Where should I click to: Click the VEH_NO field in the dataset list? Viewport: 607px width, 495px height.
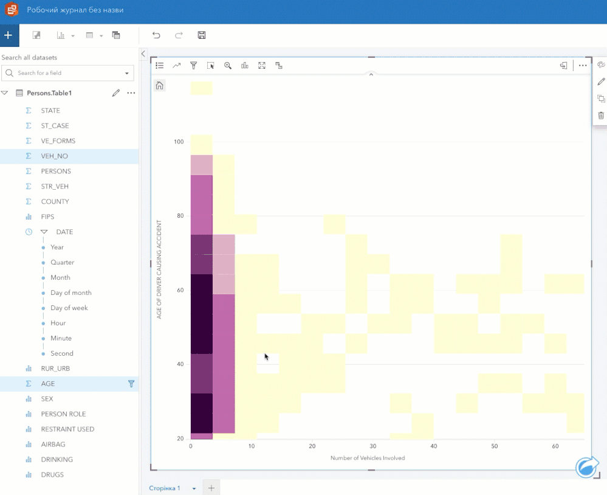pos(54,156)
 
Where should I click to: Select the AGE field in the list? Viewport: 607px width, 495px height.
pos(47,384)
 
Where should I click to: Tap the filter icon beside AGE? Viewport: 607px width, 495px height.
pos(131,384)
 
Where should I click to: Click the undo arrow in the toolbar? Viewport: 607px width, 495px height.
pos(156,35)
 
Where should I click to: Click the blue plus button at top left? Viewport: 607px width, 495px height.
pos(9,35)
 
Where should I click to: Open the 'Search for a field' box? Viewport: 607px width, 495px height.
pos(67,73)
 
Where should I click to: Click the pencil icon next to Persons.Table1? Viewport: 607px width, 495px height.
pos(115,93)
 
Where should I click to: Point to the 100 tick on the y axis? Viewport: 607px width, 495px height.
pos(179,142)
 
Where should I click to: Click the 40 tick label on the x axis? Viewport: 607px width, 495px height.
pos(434,446)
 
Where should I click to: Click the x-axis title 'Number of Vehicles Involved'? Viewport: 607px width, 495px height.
pos(368,458)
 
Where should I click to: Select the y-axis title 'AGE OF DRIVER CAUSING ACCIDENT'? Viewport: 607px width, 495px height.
pos(159,269)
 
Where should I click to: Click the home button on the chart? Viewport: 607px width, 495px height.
pos(159,86)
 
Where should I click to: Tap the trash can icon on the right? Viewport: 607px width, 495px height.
pos(601,116)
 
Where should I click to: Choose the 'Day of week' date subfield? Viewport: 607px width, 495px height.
pos(69,308)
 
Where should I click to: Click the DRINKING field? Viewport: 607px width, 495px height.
pos(57,459)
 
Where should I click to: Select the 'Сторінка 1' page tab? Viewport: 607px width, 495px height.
pos(165,488)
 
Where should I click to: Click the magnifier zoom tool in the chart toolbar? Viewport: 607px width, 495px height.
pos(228,66)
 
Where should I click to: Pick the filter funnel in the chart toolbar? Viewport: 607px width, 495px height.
pos(194,66)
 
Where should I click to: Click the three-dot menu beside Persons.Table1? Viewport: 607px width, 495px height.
pos(131,93)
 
